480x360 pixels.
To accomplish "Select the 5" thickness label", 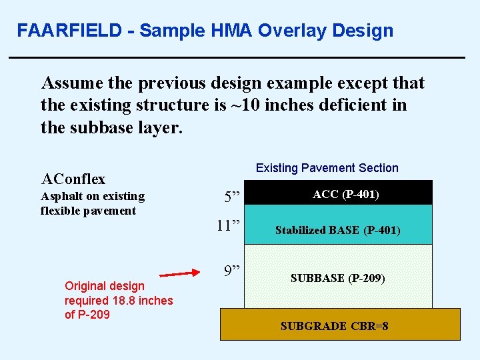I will (232, 197).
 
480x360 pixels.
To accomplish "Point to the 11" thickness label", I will (228, 225).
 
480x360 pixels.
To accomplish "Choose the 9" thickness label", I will (232, 271).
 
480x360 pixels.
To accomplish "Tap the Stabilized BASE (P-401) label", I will (337, 231).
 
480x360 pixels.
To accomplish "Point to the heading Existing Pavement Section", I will (327, 168).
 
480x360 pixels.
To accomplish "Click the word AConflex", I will (73, 179).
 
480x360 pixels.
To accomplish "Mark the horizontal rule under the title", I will (237, 59).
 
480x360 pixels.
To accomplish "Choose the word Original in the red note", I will (87, 286).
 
